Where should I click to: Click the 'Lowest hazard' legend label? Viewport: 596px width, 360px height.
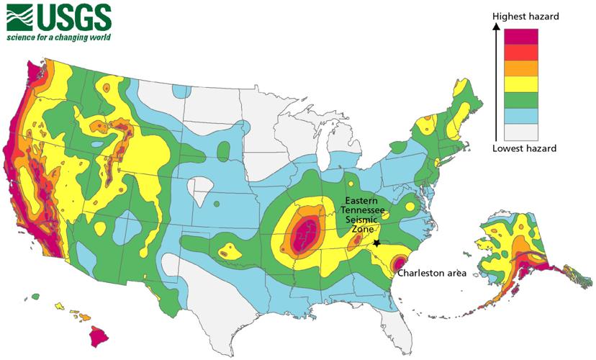(524, 148)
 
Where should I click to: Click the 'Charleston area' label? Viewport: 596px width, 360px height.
(432, 274)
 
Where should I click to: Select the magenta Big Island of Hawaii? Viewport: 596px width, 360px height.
(99, 336)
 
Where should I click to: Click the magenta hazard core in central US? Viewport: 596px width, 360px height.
(303, 233)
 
